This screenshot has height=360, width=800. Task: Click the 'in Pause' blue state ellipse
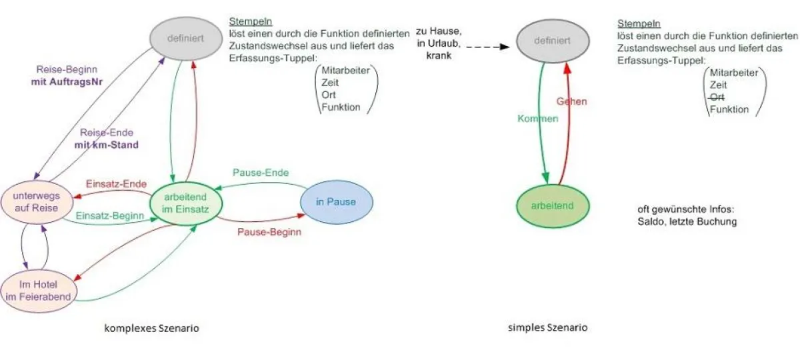[337, 202]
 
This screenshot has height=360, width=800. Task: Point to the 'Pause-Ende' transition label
[261, 173]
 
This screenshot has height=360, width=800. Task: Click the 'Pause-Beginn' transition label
[269, 233]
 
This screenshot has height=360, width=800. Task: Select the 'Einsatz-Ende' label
[116, 184]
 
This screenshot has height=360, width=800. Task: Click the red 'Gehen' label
[572, 101]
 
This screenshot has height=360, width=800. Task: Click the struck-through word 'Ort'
[717, 97]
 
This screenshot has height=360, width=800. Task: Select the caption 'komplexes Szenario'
[151, 328]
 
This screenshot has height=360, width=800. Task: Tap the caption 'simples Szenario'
[548, 328]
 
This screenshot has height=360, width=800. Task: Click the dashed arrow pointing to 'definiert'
[489, 47]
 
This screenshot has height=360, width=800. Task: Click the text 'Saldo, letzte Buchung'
[687, 221]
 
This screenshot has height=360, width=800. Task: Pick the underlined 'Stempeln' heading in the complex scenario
[241, 21]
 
